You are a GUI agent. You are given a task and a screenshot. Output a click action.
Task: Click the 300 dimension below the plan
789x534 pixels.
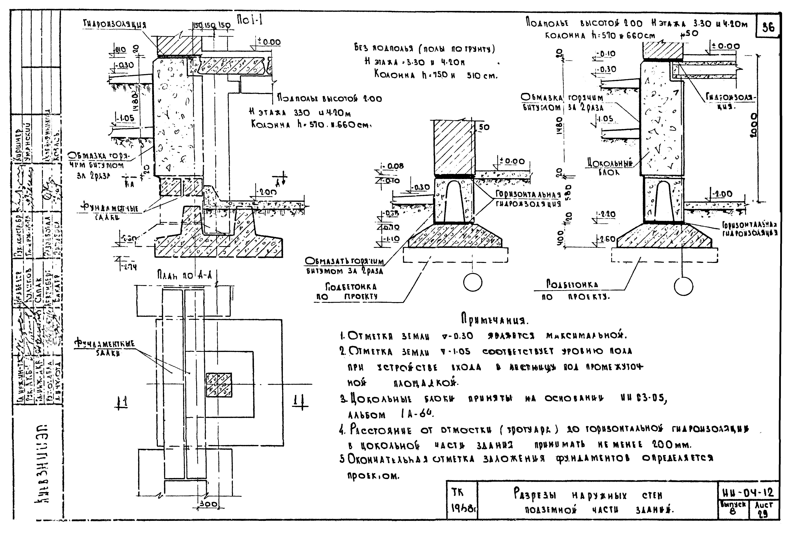click(x=208, y=504)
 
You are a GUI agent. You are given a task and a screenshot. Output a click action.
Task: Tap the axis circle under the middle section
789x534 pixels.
click(x=473, y=282)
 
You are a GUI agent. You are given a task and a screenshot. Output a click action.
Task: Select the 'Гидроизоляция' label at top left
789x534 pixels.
click(x=115, y=24)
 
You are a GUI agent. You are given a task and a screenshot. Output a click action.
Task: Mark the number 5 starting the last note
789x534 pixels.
click(x=342, y=459)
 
